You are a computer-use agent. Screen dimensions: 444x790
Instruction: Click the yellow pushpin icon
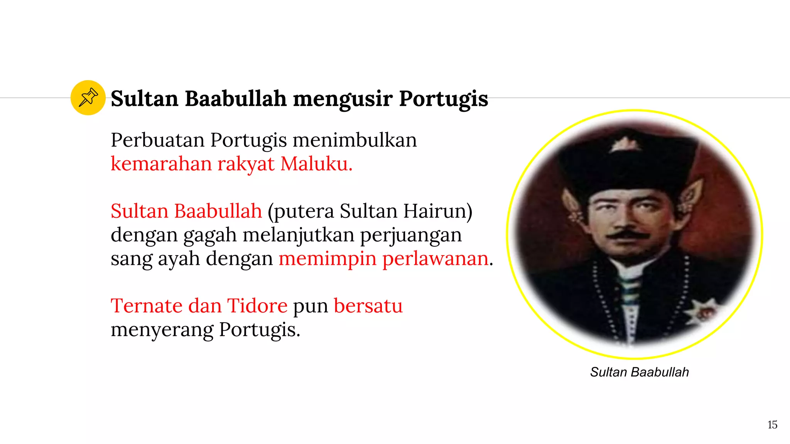coord(88,98)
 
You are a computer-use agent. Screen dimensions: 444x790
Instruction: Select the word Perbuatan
coord(157,140)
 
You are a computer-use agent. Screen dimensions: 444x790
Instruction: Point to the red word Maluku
coord(316,164)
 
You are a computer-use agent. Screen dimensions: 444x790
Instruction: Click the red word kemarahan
coord(161,164)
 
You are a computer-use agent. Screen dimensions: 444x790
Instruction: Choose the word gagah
coord(210,235)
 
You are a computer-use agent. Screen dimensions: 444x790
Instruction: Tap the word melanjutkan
coord(298,235)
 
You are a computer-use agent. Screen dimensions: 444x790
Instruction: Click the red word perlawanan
coord(436,259)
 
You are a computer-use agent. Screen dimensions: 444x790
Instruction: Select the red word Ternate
coord(147,306)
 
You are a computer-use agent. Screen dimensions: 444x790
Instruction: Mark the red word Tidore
coord(257,306)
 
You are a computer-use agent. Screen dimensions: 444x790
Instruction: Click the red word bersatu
coord(368,306)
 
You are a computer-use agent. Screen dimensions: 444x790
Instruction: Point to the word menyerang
coord(162,330)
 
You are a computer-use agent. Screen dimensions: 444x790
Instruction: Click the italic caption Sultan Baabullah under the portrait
coord(639,372)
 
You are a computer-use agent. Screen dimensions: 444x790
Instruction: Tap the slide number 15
coord(772,425)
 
